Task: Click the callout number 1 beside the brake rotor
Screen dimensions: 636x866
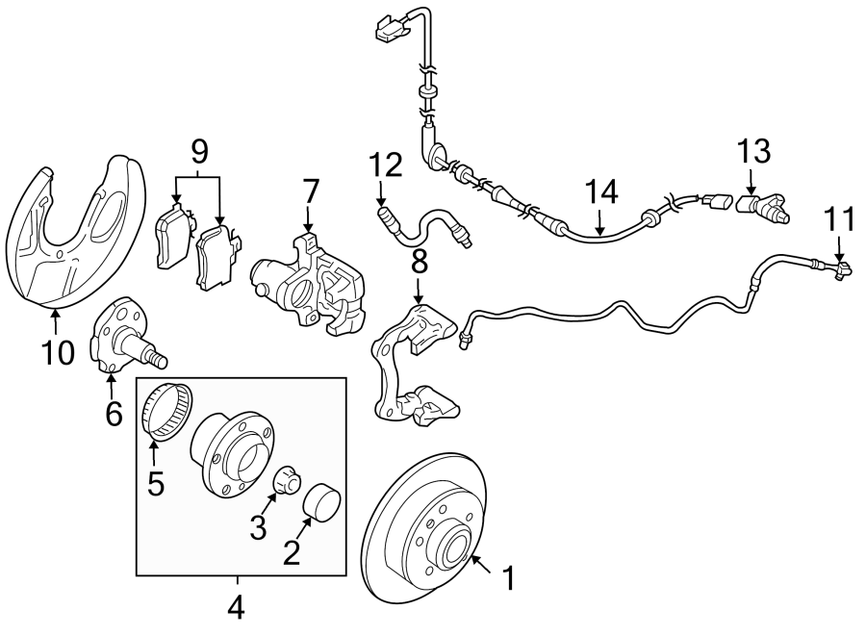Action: (x=509, y=579)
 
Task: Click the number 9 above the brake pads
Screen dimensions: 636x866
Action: (x=199, y=150)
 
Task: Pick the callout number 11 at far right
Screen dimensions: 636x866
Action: (x=840, y=220)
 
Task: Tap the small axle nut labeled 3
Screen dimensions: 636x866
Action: (x=286, y=480)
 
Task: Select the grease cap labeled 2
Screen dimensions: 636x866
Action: (x=320, y=502)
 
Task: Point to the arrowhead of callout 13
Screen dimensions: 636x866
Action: (x=751, y=190)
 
